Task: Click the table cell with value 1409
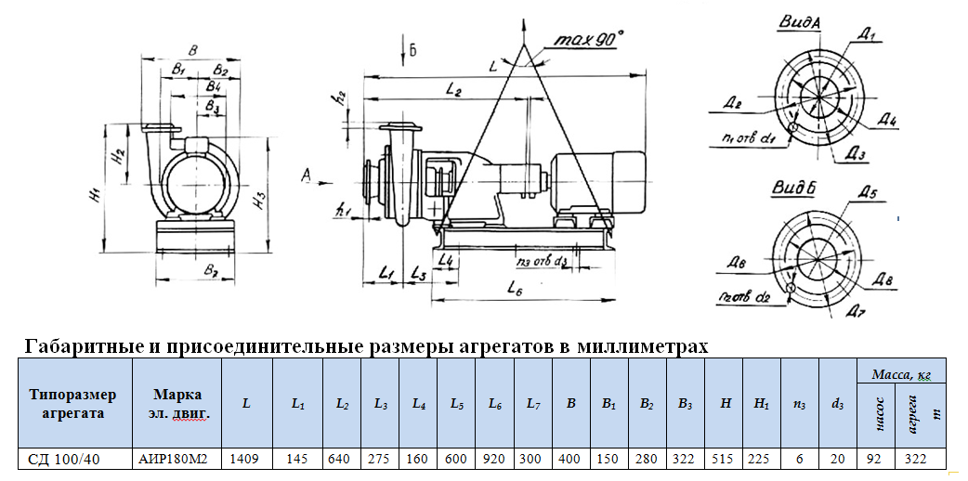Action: point(246,459)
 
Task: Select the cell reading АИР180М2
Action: point(176,459)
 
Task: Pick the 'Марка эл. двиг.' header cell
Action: point(176,404)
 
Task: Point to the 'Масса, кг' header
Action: point(900,373)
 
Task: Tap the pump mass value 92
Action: point(875,459)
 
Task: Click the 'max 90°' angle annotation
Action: point(589,40)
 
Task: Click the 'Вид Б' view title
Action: point(793,188)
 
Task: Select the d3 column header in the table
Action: point(837,404)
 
